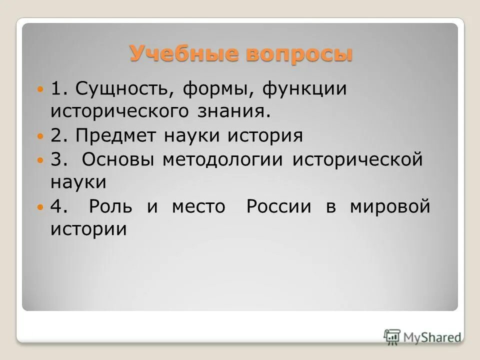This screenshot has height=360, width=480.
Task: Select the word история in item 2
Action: click(x=266, y=135)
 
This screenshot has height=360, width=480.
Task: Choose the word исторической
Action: click(x=357, y=159)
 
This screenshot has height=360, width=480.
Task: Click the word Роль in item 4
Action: click(x=110, y=206)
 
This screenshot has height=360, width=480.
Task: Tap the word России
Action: click(x=278, y=206)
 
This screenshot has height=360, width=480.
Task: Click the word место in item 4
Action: click(x=198, y=206)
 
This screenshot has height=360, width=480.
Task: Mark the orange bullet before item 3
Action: click(x=41, y=160)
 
